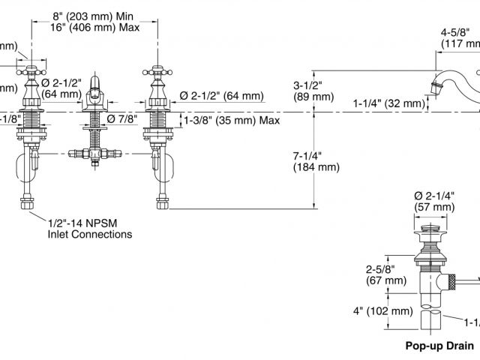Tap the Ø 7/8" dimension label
point(121,118)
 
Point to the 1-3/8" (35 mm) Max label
point(232,120)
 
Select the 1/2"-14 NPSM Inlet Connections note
point(89,228)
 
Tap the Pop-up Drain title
point(439,346)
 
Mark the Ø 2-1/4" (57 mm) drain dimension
point(435,201)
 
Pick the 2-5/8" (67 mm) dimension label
point(381,274)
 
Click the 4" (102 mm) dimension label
point(383,310)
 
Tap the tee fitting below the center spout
point(94,153)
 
